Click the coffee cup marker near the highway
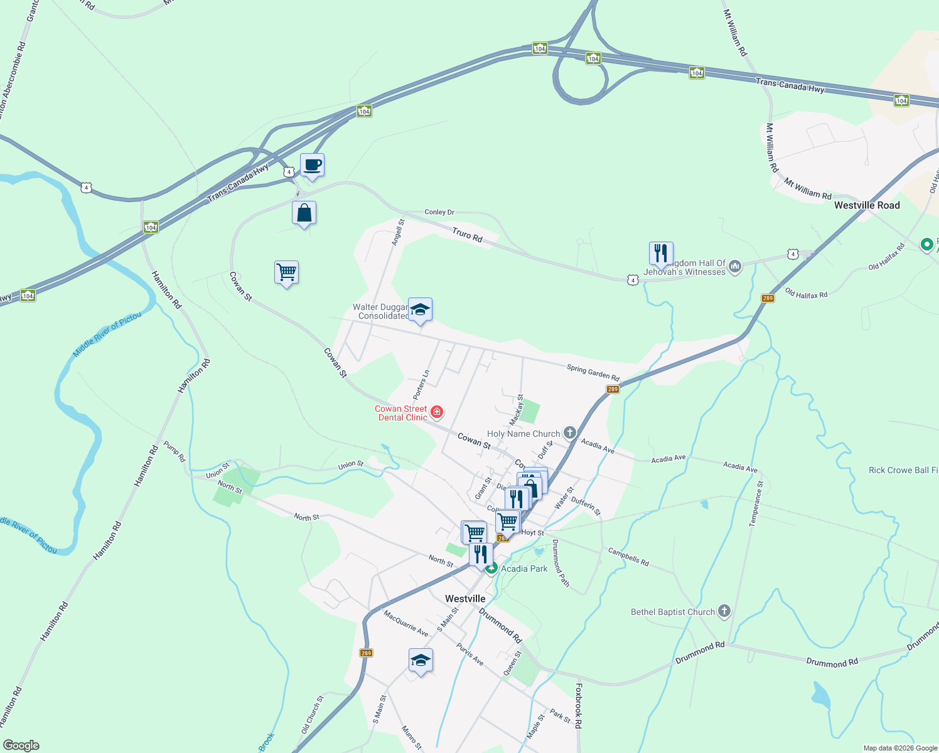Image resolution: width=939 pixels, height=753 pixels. point(312,166)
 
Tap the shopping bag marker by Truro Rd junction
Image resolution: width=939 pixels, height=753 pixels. point(304,213)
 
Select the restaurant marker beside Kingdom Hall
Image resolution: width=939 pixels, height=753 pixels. point(661,254)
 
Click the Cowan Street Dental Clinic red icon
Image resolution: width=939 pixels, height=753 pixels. point(437,412)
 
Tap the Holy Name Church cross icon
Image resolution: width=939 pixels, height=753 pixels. point(569,432)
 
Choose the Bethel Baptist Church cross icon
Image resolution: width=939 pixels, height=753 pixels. point(724,611)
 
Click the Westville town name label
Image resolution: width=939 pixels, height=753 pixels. point(465,599)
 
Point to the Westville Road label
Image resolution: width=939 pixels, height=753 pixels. point(867,205)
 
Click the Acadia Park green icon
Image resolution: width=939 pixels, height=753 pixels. point(491,568)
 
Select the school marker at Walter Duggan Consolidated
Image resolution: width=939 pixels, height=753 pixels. point(420,310)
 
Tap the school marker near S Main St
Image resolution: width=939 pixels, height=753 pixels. point(420,661)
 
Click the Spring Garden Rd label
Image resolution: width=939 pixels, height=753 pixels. point(593,373)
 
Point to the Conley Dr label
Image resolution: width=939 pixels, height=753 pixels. point(439,212)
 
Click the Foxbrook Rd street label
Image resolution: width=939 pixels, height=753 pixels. point(578,705)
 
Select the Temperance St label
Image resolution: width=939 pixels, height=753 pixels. point(756,504)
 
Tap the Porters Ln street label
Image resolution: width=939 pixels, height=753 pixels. point(421,385)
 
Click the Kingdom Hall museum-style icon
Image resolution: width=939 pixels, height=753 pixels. point(735,267)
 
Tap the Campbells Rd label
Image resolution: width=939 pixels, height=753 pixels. point(628,557)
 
